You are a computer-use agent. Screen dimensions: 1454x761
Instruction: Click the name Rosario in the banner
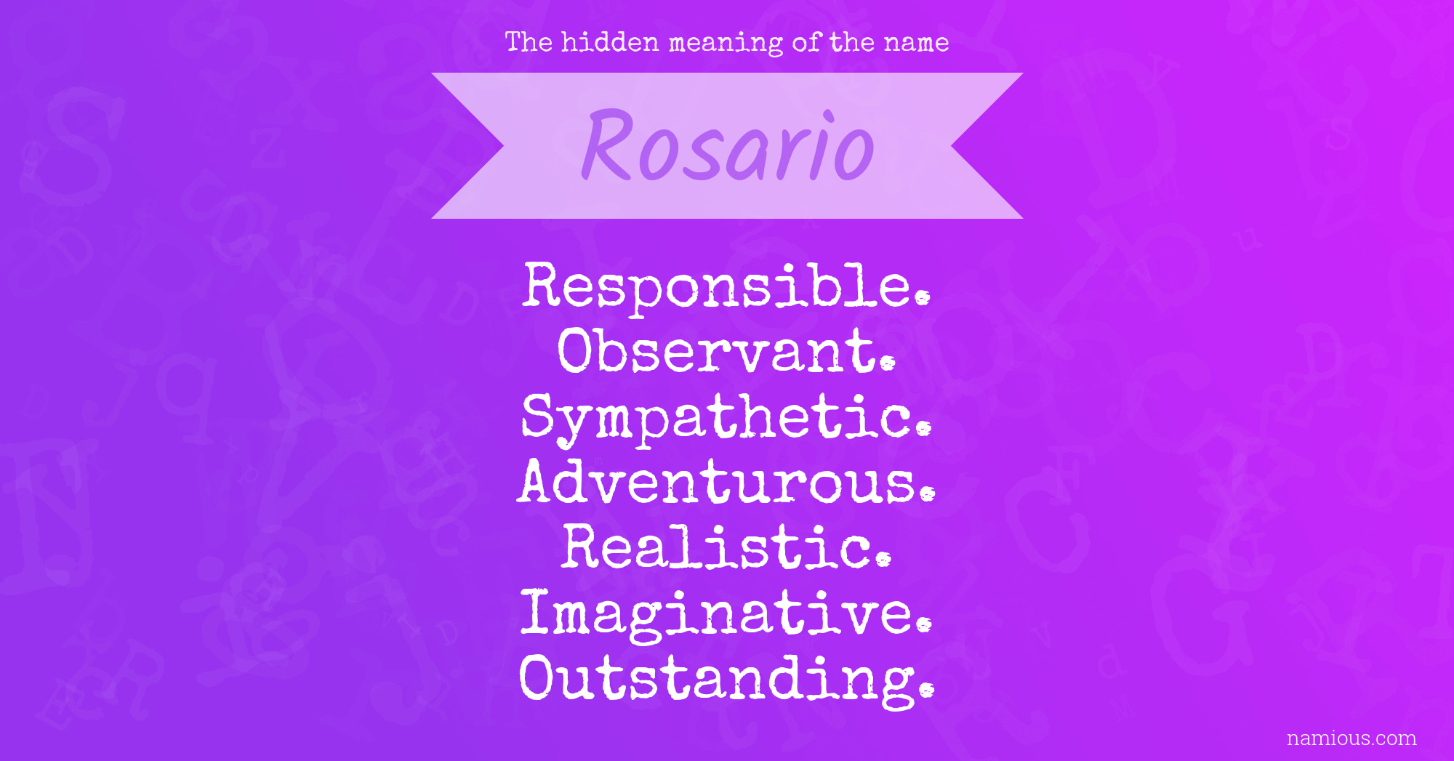point(727,145)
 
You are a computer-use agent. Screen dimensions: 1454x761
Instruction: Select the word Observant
point(726,350)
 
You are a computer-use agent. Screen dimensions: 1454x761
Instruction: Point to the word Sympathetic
point(726,419)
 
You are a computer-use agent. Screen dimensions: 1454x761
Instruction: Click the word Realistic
point(726,547)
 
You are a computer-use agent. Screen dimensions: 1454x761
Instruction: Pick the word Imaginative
point(726,615)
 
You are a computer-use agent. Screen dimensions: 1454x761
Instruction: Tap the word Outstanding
point(726,680)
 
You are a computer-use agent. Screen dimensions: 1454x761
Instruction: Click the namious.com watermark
point(1351,738)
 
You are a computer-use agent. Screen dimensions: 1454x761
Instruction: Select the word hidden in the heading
point(610,42)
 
